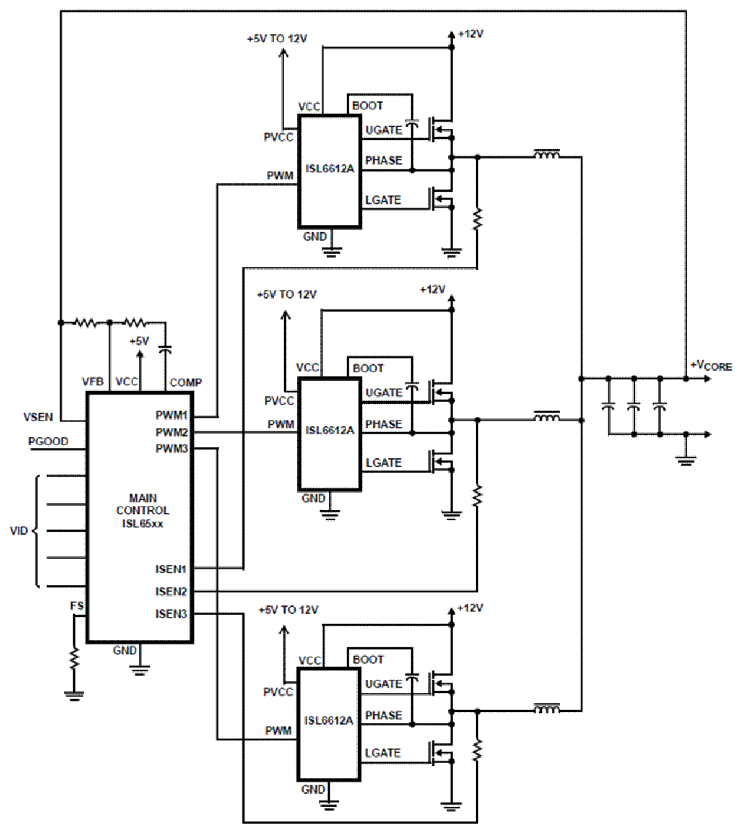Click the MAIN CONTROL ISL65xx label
[x=142, y=511]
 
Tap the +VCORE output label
[x=711, y=366]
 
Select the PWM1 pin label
[x=172, y=415]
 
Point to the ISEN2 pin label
[x=171, y=591]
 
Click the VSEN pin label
[x=38, y=417]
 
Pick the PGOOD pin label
[x=48, y=441]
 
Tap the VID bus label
[x=19, y=530]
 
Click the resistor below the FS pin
[x=74, y=658]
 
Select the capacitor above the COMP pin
[x=165, y=350]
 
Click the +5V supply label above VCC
[x=139, y=341]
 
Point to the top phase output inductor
[x=547, y=155]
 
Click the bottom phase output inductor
[x=547, y=709]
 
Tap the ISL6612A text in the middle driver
[x=330, y=430]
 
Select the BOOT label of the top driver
[x=368, y=106]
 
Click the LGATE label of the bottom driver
[x=382, y=753]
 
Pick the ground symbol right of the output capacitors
[x=686, y=460]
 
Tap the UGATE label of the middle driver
[x=383, y=392]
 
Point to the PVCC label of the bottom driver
[x=278, y=691]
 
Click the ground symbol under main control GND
[x=140, y=669]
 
